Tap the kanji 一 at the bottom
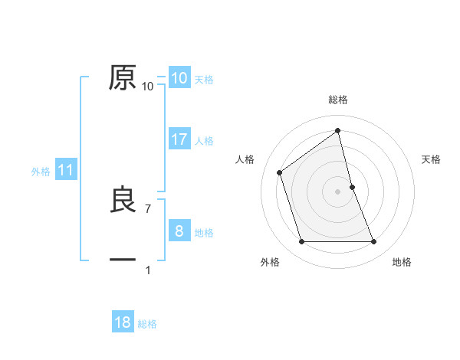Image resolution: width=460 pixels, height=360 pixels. click(x=123, y=260)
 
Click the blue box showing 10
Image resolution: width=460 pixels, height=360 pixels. click(x=179, y=78)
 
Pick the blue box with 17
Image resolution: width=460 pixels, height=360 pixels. click(x=179, y=139)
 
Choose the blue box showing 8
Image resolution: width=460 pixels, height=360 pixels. click(x=179, y=231)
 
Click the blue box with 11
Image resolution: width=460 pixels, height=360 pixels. click(x=65, y=171)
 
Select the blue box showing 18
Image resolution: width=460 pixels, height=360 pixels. click(x=123, y=322)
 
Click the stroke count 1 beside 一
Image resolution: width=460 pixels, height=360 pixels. click(x=148, y=270)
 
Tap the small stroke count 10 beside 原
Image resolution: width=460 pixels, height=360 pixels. click(x=148, y=87)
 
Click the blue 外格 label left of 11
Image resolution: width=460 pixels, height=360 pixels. click(x=41, y=172)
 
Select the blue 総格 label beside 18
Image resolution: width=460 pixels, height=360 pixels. click(x=147, y=324)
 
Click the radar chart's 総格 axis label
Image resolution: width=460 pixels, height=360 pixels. click(x=338, y=100)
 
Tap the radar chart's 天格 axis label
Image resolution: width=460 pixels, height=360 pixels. click(x=432, y=159)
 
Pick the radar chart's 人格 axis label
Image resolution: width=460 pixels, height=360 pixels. click(x=245, y=159)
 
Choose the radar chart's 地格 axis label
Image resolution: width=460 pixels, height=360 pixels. click(x=402, y=262)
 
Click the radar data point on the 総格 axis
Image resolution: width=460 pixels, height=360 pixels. click(x=338, y=130)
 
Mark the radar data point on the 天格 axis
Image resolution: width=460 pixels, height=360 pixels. click(x=352, y=187)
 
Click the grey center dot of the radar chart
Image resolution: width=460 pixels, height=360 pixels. click(x=338, y=191)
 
